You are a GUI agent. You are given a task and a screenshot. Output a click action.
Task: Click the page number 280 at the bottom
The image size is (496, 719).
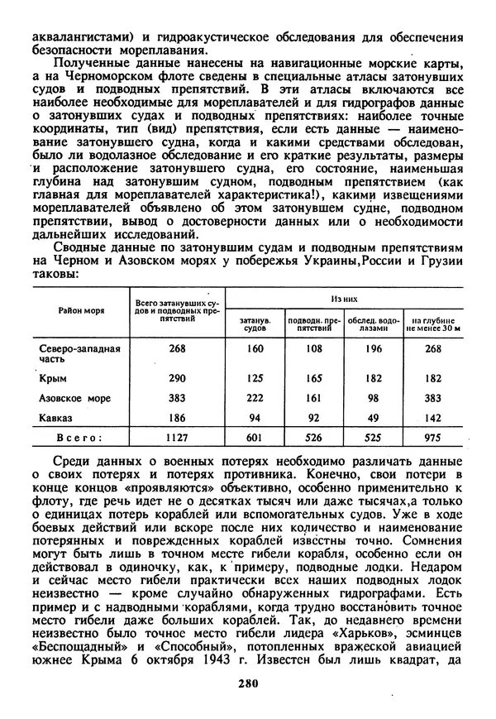point(247,683)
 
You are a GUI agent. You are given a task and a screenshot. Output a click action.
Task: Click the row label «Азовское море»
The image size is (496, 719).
point(75,399)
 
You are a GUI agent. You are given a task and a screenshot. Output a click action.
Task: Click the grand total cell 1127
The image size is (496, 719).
point(177,438)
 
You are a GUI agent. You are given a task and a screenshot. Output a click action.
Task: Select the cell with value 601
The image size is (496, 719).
point(255,438)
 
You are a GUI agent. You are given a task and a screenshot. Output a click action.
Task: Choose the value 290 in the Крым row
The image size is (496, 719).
point(177,378)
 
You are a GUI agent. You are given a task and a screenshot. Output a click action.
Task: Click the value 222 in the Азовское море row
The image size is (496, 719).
point(255,399)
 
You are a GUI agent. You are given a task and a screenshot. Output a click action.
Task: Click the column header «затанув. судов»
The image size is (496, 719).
point(255,324)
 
